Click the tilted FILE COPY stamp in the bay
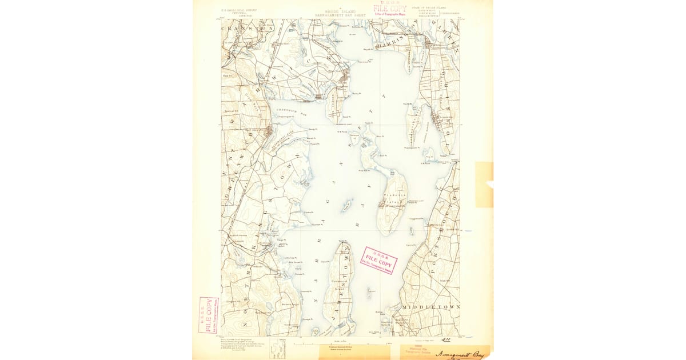[x=378, y=261]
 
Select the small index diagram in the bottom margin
[x=277, y=346]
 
